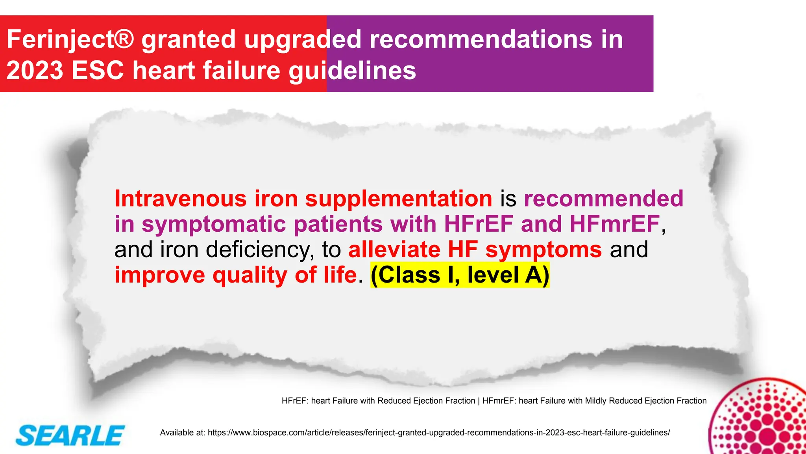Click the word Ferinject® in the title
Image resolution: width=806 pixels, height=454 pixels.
click(x=70, y=40)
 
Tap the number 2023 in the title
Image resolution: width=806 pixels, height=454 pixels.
click(x=35, y=71)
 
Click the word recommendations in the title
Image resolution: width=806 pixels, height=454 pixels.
click(x=481, y=40)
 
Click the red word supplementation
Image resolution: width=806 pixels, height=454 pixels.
click(x=398, y=199)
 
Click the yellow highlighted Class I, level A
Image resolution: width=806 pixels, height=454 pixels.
click(x=460, y=275)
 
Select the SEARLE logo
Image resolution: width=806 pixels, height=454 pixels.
click(x=70, y=435)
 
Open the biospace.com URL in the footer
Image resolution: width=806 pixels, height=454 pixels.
click(x=438, y=433)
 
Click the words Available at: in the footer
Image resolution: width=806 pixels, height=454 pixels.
click(x=182, y=433)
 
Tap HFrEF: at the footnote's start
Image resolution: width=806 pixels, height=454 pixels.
click(x=295, y=401)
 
